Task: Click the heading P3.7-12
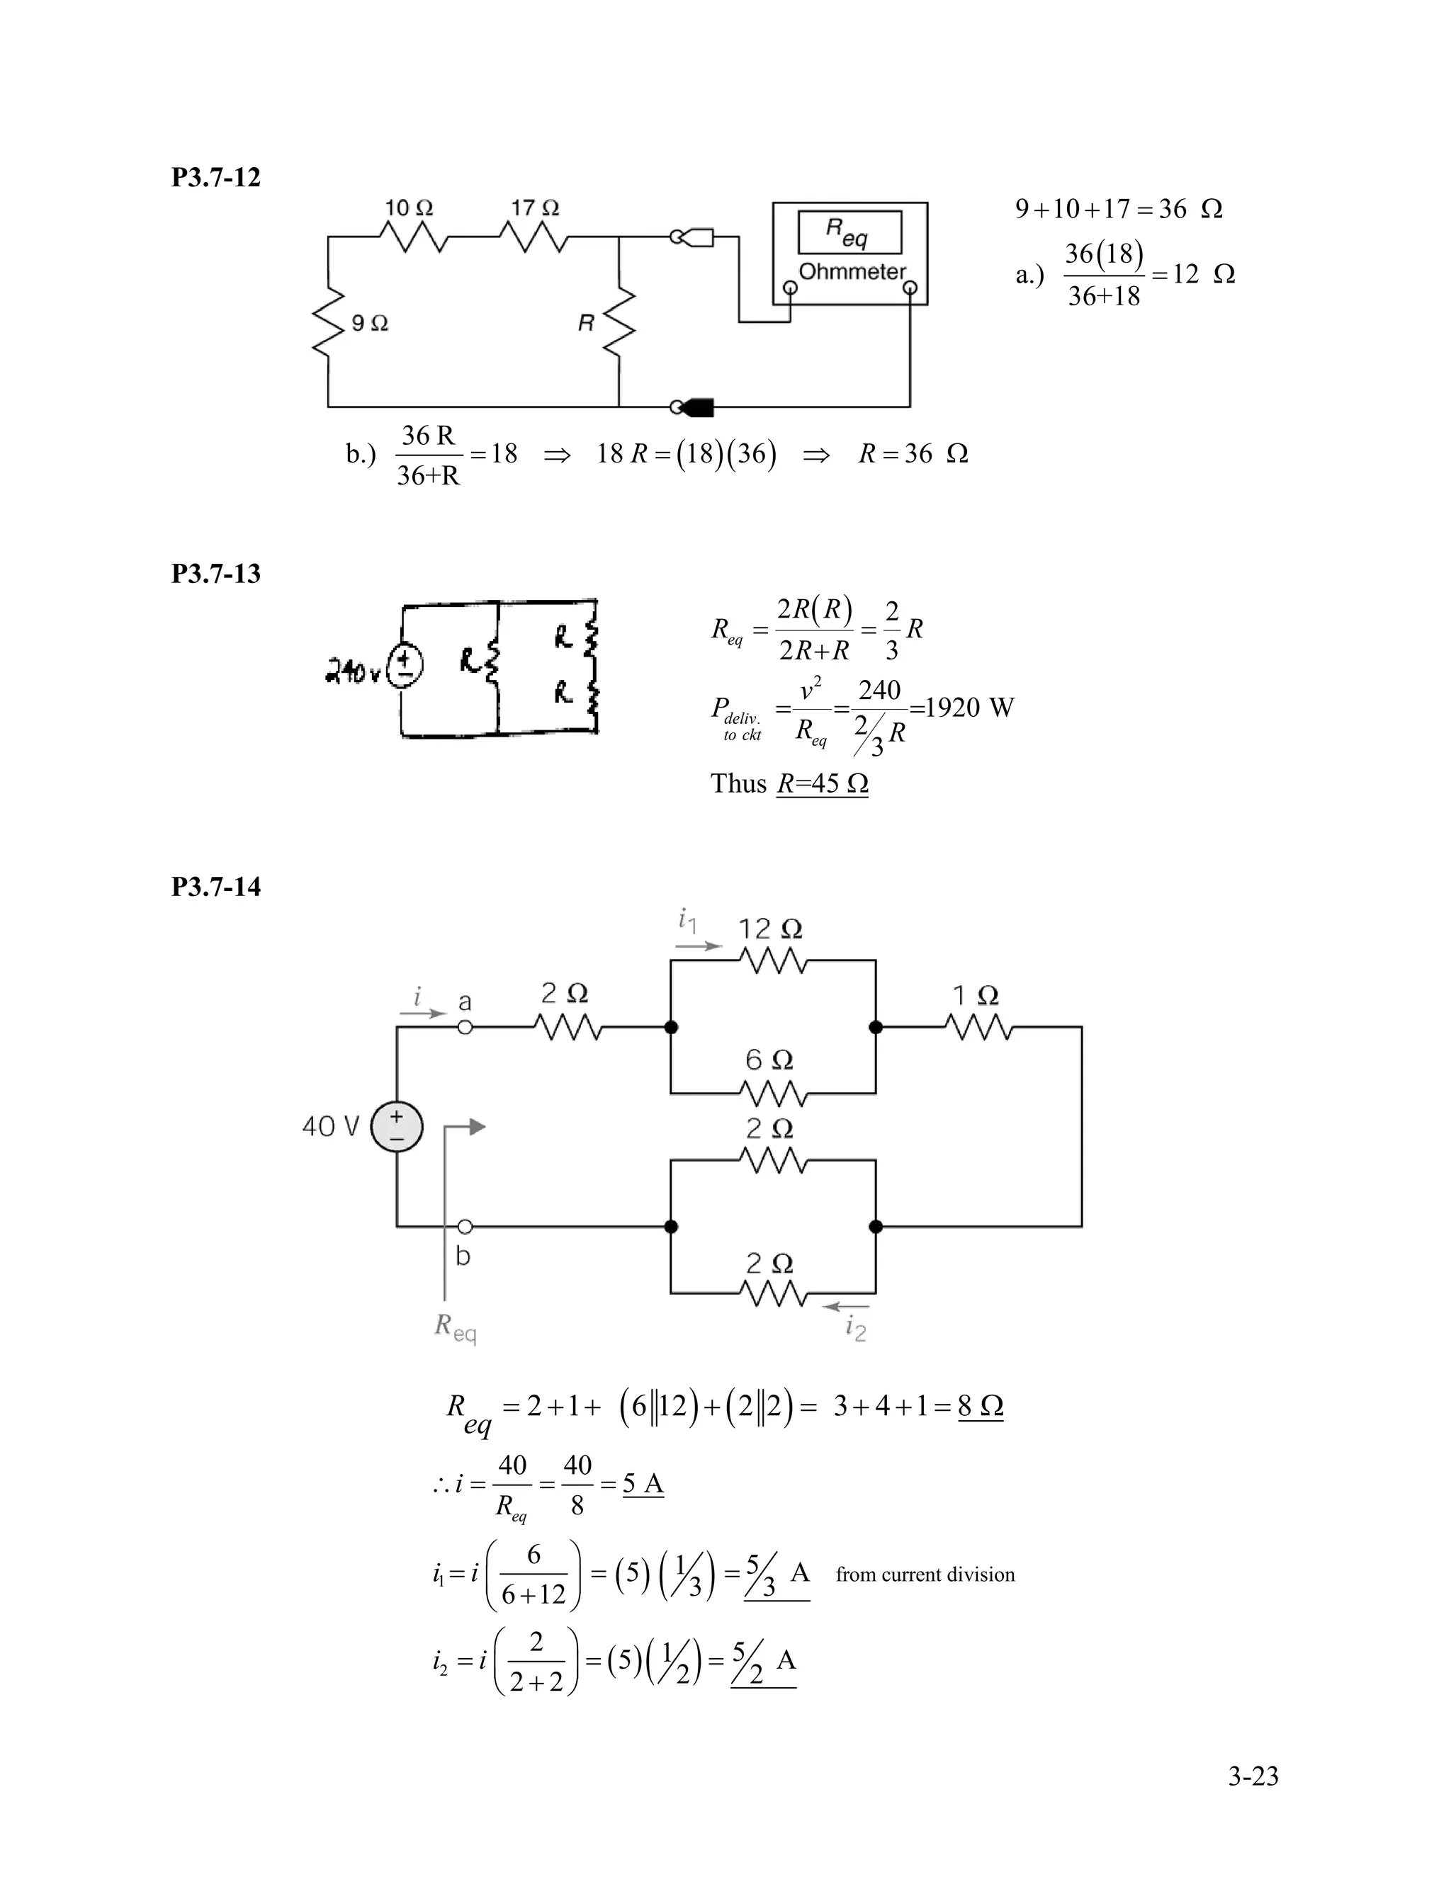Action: (x=216, y=177)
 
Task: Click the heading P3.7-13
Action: (x=216, y=573)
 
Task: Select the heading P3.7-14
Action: (x=216, y=886)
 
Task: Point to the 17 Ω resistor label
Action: (x=535, y=208)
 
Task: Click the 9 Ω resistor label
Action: (x=370, y=323)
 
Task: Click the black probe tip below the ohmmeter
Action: (x=698, y=407)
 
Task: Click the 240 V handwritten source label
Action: (x=352, y=674)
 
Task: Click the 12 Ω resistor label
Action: (x=770, y=929)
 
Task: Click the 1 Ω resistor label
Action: (x=975, y=996)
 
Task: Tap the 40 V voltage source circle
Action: (x=396, y=1127)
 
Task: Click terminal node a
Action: (x=465, y=1027)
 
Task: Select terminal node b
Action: (x=465, y=1226)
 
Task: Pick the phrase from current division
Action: (x=925, y=1575)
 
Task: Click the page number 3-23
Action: (x=1253, y=1776)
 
